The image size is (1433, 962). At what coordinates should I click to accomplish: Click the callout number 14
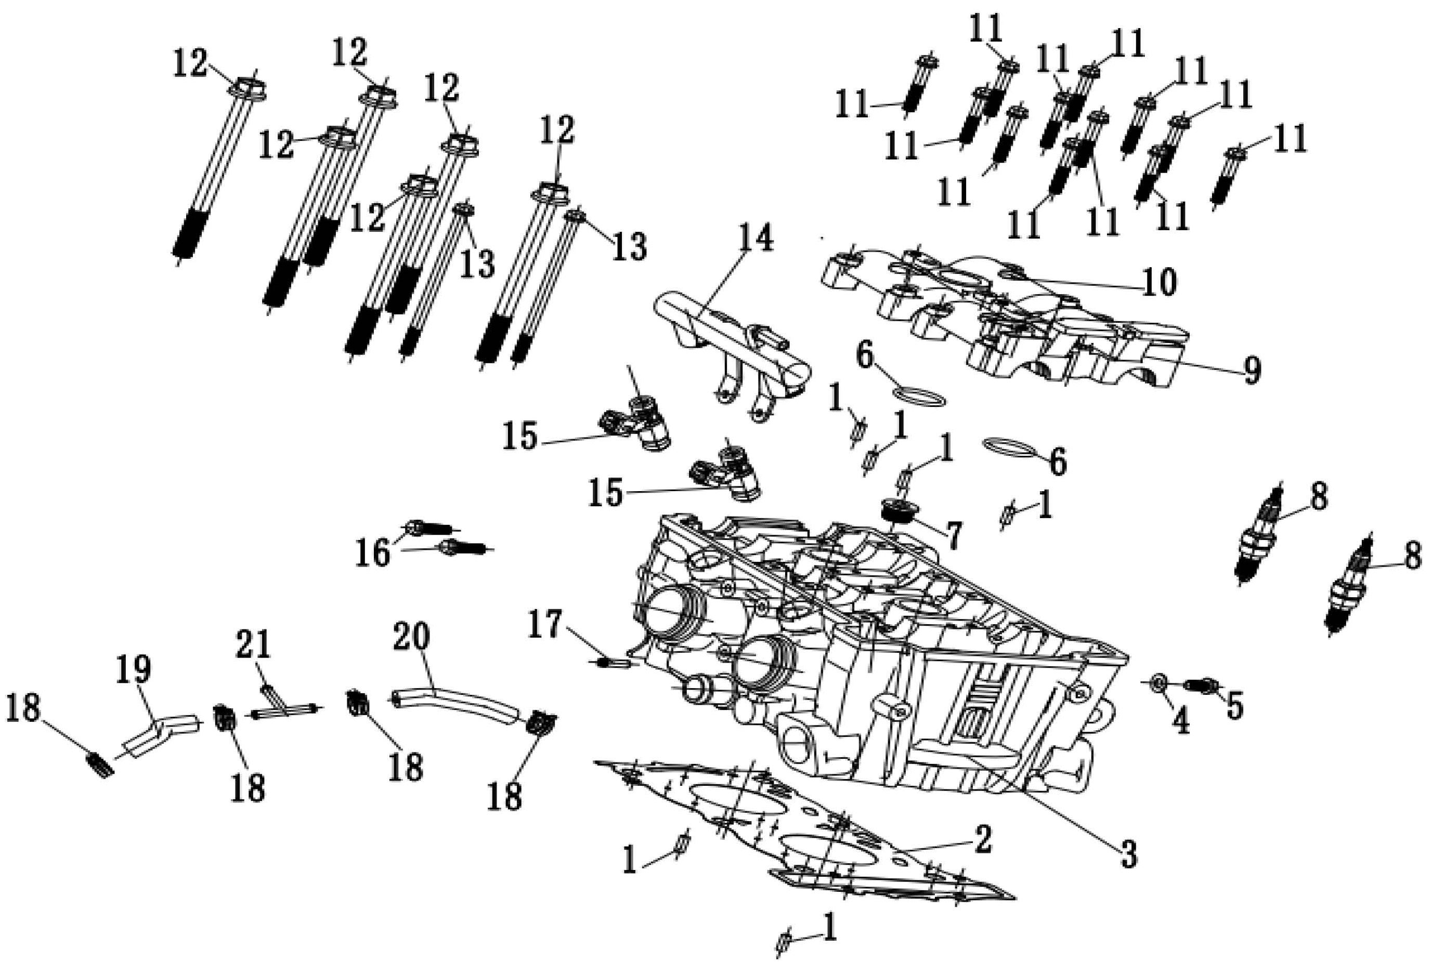[x=755, y=239]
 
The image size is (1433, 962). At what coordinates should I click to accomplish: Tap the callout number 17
[x=545, y=625]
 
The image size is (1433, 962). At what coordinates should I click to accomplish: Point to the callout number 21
[x=254, y=644]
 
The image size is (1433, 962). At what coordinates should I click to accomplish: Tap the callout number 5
[x=1234, y=706]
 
